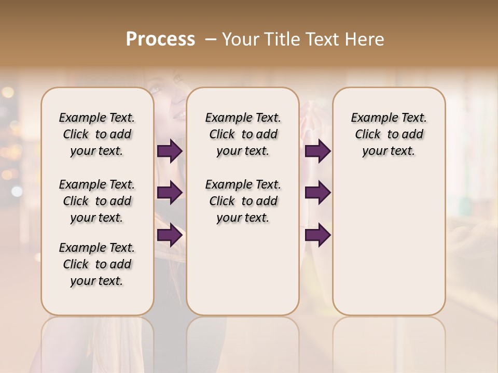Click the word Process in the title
160,39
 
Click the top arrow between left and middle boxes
170,151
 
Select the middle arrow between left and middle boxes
170,193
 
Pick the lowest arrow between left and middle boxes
170,235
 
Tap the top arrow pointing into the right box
317,151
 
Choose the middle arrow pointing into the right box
317,193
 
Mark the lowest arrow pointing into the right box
317,235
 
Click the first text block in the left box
97,134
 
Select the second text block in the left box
97,201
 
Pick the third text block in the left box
97,264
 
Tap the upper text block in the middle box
243,134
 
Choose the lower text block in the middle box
243,201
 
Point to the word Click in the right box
368,135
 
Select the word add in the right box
412,135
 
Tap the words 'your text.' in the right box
389,151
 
